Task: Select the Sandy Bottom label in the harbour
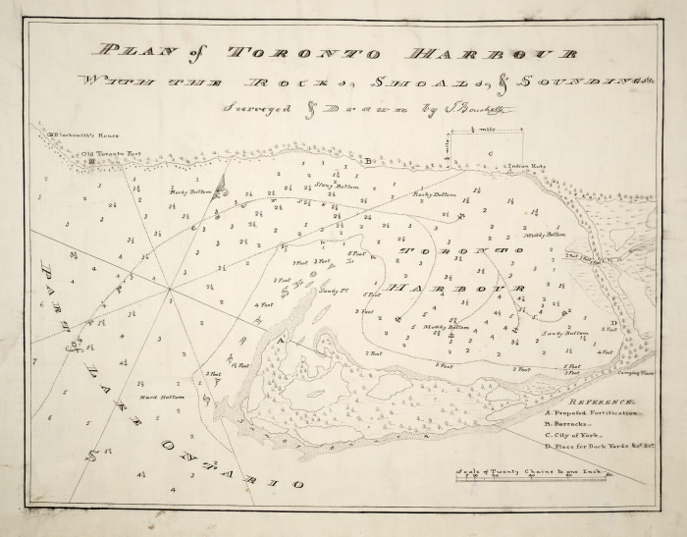click(x=564, y=333)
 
